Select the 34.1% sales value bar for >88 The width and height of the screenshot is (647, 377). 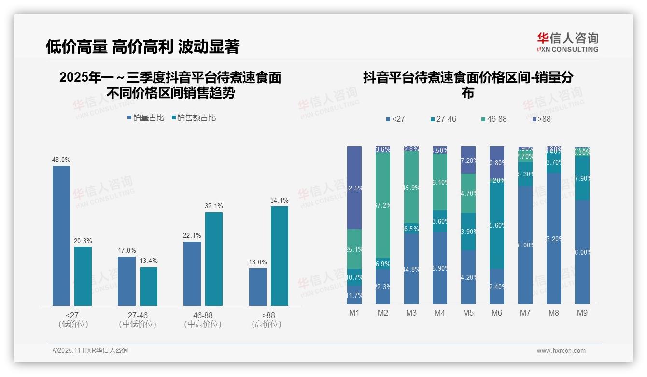click(x=280, y=256)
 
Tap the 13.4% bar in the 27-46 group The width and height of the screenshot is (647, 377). click(x=149, y=286)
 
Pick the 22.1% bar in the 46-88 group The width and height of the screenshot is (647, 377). click(x=192, y=273)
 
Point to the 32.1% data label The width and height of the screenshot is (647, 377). click(x=214, y=206)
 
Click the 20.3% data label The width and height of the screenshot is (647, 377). click(x=83, y=241)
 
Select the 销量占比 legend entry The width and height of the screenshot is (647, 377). click(x=146, y=118)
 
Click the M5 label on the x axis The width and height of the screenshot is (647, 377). click(x=468, y=313)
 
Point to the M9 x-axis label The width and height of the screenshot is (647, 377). click(x=582, y=313)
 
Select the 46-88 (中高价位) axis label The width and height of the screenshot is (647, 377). click(x=203, y=319)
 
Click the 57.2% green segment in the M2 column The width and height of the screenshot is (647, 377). click(x=383, y=205)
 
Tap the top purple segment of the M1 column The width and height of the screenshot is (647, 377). click(x=354, y=188)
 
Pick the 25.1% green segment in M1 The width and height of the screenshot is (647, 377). click(x=354, y=249)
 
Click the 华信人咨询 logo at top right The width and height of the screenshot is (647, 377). click(x=567, y=43)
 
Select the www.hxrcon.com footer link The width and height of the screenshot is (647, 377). click(x=561, y=351)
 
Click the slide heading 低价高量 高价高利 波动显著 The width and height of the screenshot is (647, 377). click(x=142, y=46)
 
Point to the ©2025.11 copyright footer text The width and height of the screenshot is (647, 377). click(x=90, y=351)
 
